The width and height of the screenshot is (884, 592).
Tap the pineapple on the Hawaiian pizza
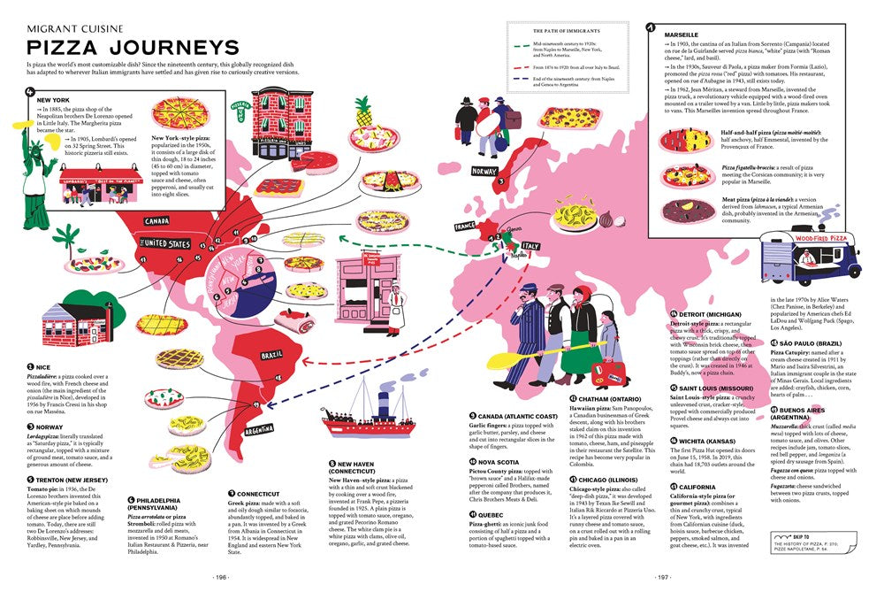pos(362,113)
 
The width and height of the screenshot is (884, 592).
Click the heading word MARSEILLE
pos(682,34)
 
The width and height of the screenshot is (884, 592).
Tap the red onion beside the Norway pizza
pos(606,219)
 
